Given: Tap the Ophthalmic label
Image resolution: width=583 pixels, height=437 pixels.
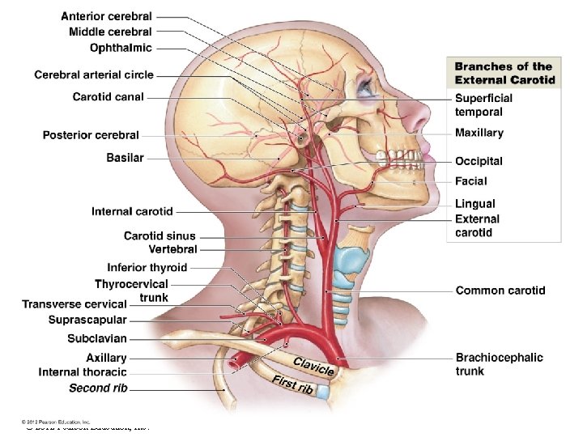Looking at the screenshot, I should tap(121, 48).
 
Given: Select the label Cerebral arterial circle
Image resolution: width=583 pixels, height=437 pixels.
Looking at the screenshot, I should tap(94, 75).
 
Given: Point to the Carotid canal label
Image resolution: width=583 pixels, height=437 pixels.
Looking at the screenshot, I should tap(108, 97).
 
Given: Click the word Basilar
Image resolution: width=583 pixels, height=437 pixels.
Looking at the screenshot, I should tap(125, 158).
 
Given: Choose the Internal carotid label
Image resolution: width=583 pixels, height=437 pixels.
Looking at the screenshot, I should tap(132, 212).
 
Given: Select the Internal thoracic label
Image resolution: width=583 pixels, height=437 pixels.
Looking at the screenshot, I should tap(83, 372).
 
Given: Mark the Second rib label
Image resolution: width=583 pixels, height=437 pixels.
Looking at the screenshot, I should tap(98, 388).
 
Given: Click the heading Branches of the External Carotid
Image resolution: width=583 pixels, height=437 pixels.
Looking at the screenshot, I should tap(504, 73).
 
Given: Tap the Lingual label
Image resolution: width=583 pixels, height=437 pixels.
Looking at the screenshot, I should tap(474, 204).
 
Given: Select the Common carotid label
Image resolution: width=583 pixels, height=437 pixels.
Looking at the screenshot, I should tap(500, 290).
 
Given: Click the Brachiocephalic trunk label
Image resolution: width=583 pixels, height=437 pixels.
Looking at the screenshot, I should tap(499, 364).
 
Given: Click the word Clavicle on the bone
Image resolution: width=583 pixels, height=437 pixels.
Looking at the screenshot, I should tap(313, 366).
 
